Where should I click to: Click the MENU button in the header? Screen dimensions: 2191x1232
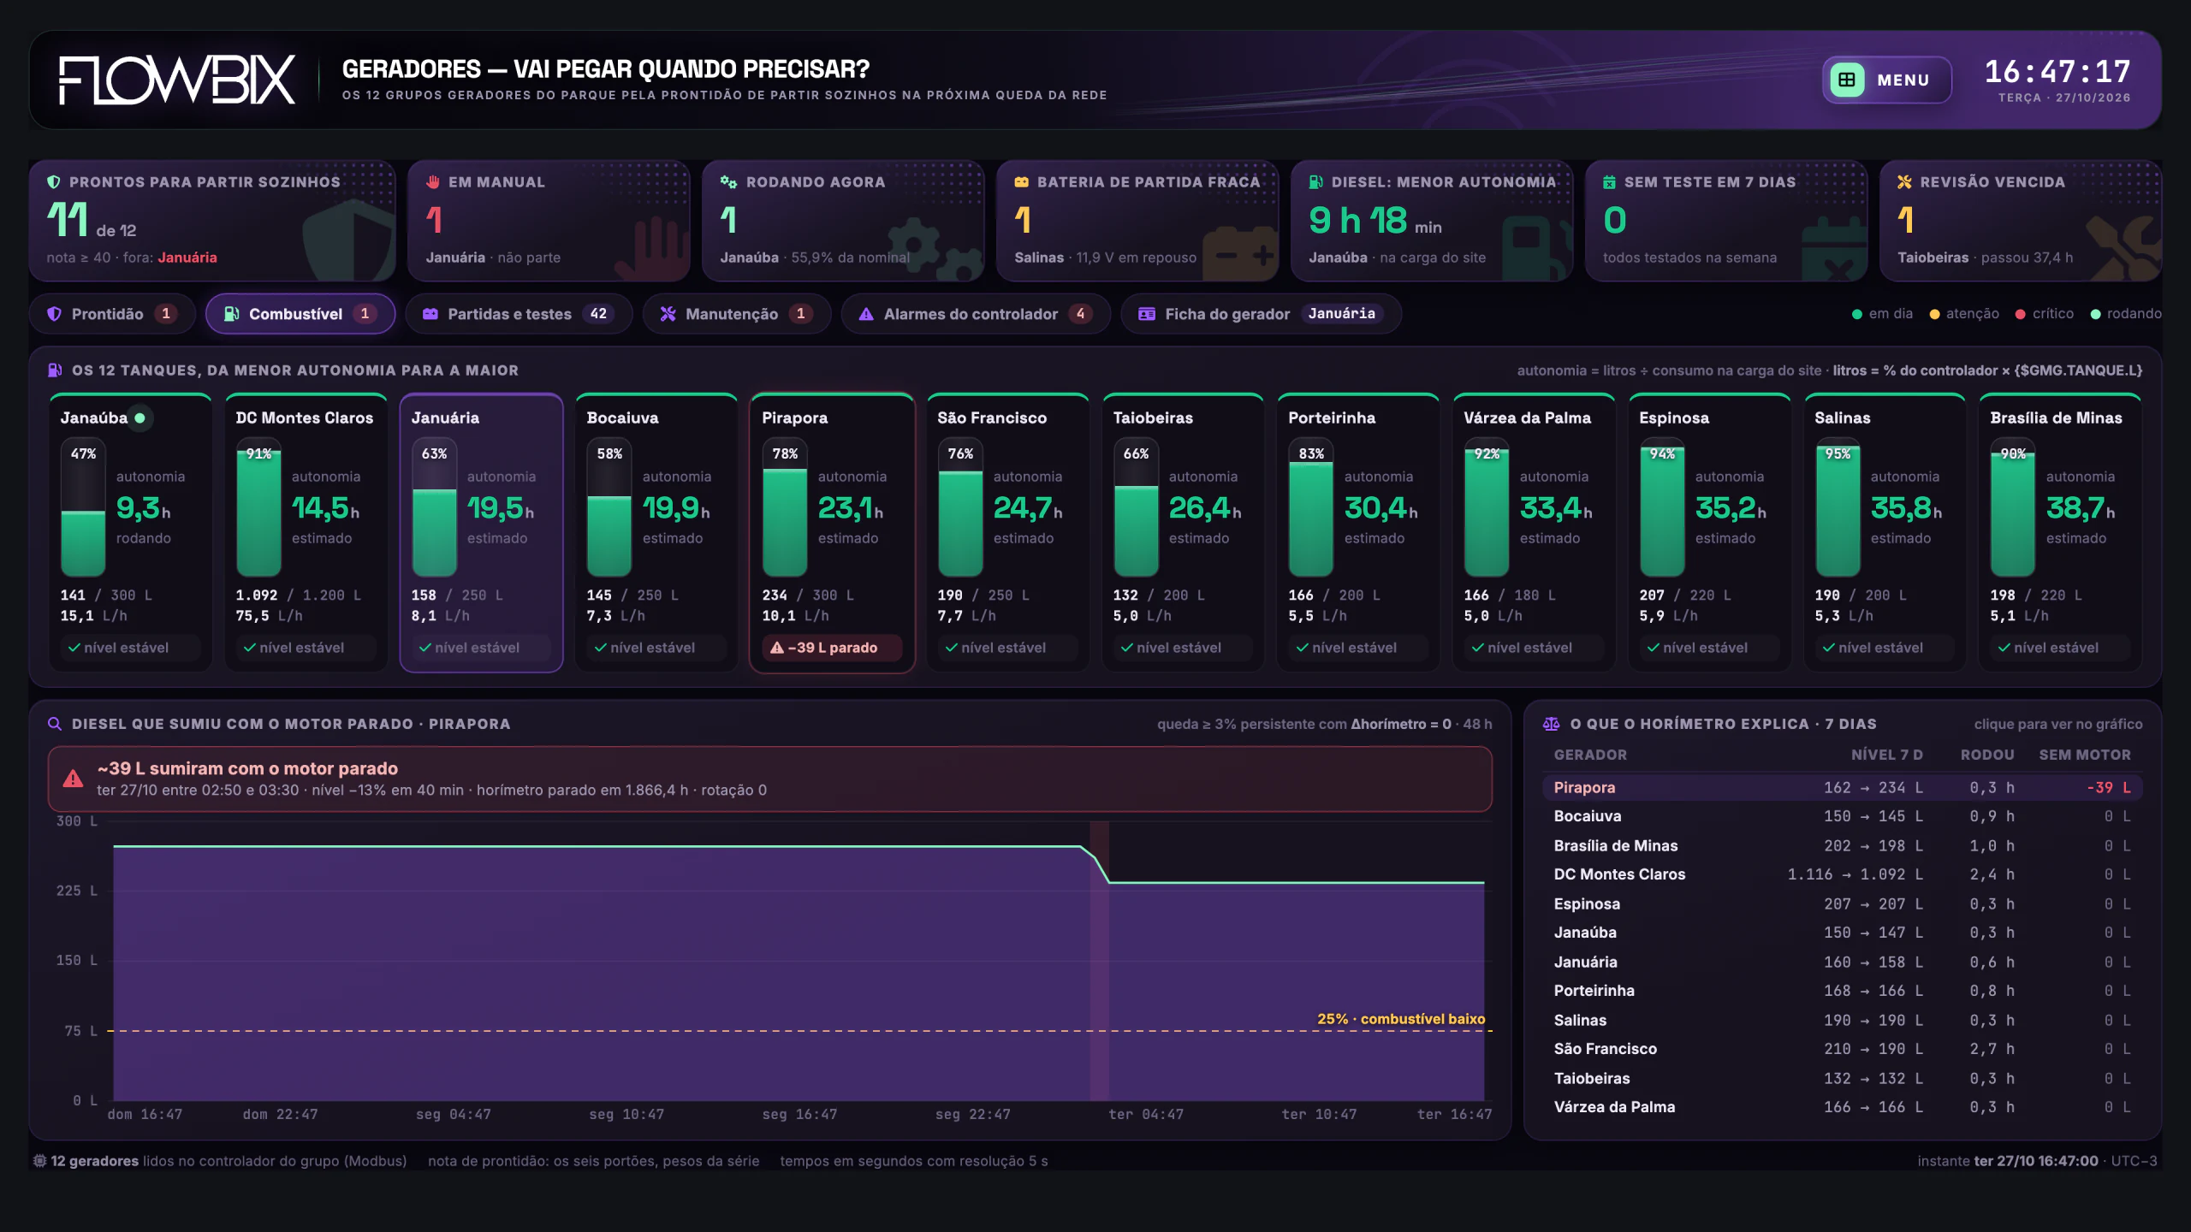(1886, 80)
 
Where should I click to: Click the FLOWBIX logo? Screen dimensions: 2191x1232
(177, 80)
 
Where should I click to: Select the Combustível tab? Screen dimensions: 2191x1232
(300, 314)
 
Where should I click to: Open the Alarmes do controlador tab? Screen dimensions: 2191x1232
(976, 314)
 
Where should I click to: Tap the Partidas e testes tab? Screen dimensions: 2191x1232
(519, 314)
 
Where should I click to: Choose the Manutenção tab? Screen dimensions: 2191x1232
(737, 314)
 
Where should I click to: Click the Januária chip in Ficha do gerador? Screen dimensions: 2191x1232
(1341, 314)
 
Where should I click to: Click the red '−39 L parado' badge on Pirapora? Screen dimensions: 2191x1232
(824, 648)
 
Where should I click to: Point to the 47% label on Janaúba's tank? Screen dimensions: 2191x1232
(83, 453)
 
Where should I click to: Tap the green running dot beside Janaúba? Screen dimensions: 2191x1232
(140, 418)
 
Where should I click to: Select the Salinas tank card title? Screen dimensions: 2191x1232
(1843, 418)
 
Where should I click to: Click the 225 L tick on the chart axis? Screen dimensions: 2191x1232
(77, 891)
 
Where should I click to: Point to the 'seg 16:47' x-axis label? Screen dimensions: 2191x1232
(799, 1114)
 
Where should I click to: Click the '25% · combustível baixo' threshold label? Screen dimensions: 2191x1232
(1401, 1018)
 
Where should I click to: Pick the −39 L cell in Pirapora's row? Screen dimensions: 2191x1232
(2109, 787)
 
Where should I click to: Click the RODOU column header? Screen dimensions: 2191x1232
(1987, 755)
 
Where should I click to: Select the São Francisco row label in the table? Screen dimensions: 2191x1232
(1606, 1049)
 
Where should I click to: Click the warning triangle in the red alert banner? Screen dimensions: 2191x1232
(73, 779)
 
